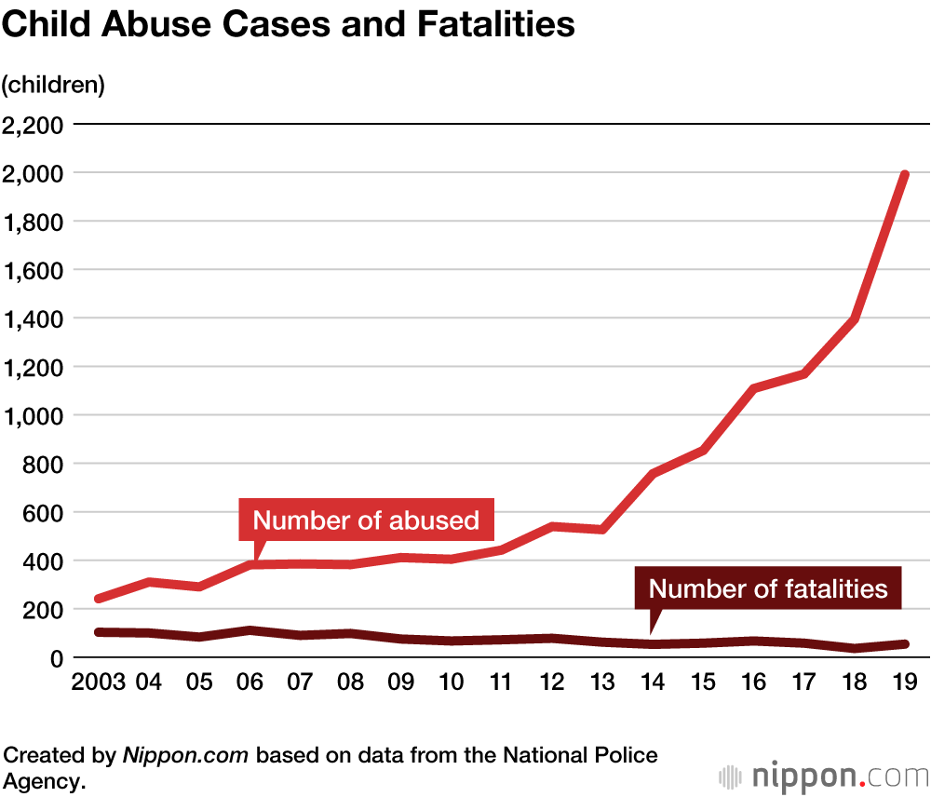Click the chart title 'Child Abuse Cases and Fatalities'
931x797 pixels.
(x=288, y=25)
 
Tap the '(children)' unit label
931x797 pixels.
(x=53, y=85)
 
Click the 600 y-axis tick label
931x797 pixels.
(x=44, y=512)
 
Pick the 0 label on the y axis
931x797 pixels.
(x=57, y=657)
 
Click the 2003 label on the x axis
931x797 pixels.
(x=98, y=682)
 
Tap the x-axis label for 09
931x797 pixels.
(x=400, y=682)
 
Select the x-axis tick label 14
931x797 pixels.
(x=652, y=682)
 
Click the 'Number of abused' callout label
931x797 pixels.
(x=366, y=520)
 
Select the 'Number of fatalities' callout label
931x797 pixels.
(x=768, y=588)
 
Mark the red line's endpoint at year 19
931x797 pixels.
(x=903, y=175)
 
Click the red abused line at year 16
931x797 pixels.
(x=752, y=388)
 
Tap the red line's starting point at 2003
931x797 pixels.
(x=99, y=598)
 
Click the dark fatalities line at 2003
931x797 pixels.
(x=99, y=632)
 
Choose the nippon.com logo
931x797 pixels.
(x=823, y=775)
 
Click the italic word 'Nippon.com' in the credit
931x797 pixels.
(x=185, y=755)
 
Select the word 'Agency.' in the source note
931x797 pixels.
(x=44, y=780)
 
